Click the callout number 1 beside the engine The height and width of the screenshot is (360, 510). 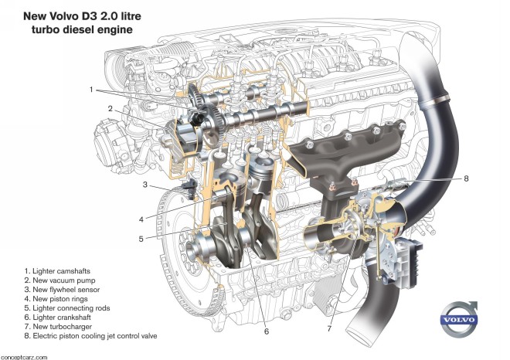point(90,90)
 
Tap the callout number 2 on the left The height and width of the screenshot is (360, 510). point(110,109)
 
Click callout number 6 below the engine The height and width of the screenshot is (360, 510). point(266,332)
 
